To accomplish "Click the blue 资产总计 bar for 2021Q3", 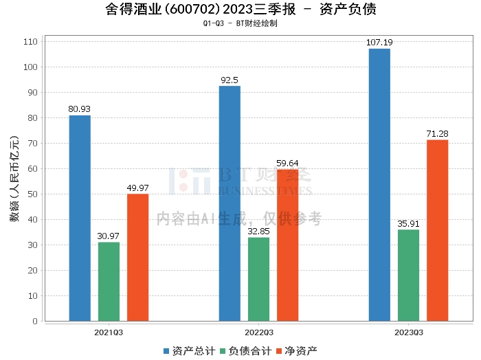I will [x=80, y=218].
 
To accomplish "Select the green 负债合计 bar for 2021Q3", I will [x=109, y=281].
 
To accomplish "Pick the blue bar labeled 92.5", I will [x=230, y=203].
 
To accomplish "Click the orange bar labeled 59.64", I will [x=287, y=245].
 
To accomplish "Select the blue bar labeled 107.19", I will [x=379, y=184].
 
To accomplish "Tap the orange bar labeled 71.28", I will [x=437, y=230].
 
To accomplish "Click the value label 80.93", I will [x=80, y=109].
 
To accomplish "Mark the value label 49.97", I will [x=137, y=188].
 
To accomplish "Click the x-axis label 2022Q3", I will [x=258, y=332].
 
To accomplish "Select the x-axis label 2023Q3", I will [x=408, y=332].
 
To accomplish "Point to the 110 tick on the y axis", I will [x=31, y=42].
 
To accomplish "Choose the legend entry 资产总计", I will [x=188, y=350].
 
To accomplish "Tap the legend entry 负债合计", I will [x=245, y=350].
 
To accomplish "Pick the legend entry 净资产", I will [x=296, y=350].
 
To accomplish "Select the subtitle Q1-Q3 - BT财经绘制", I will [x=240, y=23].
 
